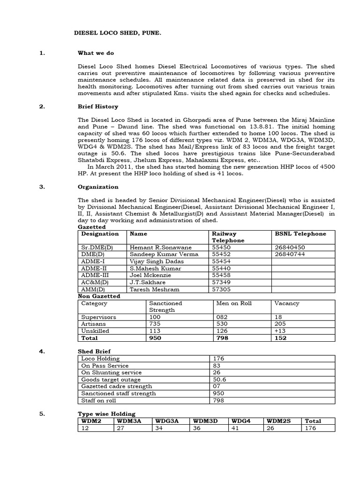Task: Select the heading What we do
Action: click(96, 53)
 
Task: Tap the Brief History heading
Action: click(97, 106)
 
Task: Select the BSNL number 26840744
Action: click(290, 254)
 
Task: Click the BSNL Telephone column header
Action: click(300, 233)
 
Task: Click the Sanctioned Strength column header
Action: click(165, 307)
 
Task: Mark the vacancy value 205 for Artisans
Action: click(281, 324)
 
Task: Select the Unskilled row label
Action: click(95, 331)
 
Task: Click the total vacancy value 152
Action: click(281, 337)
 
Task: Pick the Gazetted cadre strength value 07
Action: click(217, 386)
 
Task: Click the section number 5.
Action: click(42, 414)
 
